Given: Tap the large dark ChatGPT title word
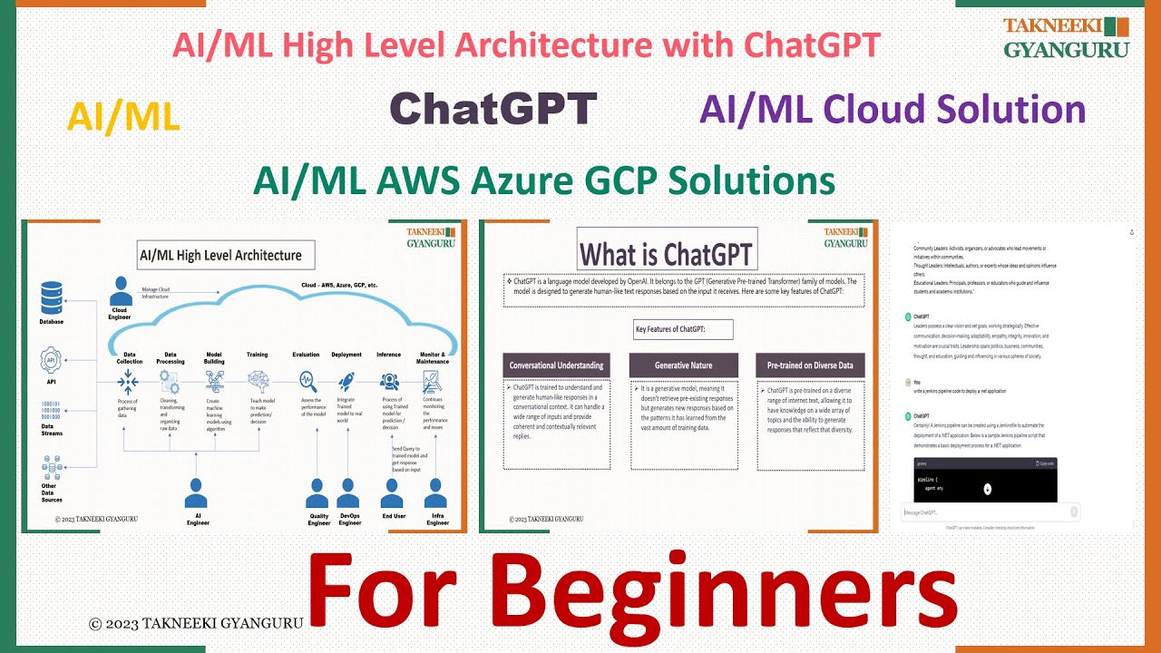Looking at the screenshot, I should pos(493,109).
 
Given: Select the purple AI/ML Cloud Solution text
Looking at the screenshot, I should pos(893,110).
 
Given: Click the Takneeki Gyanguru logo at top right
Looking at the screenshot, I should pos(1066,38).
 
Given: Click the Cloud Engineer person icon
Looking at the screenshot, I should pos(120,293).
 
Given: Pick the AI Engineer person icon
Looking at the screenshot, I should pos(197,493).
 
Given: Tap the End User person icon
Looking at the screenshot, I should pos(392,493).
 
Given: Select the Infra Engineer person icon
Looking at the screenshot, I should pos(437,493).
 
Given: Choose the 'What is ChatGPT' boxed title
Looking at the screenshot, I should pos(666,253).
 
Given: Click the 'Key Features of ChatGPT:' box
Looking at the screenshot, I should pos(683,328).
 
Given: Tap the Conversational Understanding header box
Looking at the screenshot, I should pos(556,365).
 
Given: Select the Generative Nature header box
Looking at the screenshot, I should pos(683,365).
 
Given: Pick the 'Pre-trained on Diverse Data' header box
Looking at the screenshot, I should pos(810,365).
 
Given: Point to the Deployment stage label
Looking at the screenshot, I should pos(346,355).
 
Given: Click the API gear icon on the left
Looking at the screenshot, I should pos(53,361).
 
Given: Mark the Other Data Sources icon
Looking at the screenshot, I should pos(53,469).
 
